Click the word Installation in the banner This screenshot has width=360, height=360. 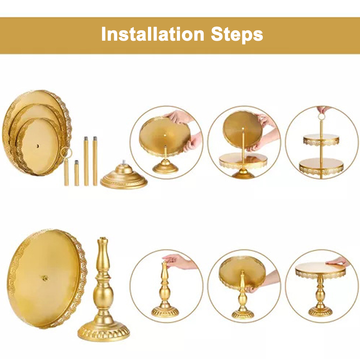point(153,34)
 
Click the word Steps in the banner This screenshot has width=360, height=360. point(237,35)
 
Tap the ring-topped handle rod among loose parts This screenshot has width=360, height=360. point(66,166)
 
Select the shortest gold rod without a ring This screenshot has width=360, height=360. point(77,173)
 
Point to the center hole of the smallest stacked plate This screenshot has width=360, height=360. point(38,146)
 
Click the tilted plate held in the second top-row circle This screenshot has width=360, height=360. point(243,130)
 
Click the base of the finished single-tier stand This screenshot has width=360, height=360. point(320,312)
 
